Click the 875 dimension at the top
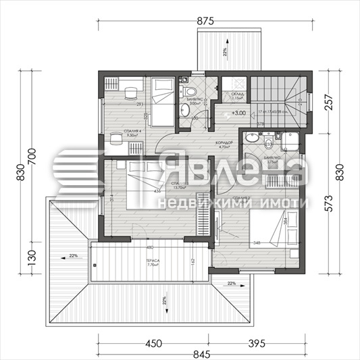point(205,20)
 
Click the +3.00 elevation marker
point(238,113)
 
